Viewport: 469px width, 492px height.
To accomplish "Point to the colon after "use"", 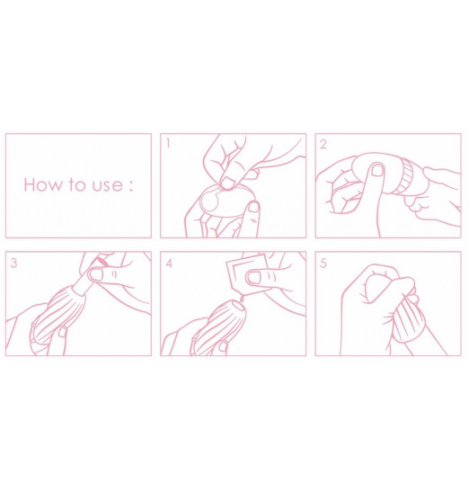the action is (x=131, y=186).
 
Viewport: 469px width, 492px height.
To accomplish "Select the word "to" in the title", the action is (x=76, y=185).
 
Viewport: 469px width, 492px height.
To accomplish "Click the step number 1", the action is (x=168, y=144).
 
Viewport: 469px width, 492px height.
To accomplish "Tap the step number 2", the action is (x=323, y=144).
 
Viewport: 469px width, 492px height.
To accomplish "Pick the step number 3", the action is (x=13, y=263).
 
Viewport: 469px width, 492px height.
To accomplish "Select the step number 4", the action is (x=169, y=264).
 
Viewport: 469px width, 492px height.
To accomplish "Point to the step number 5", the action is (x=323, y=263).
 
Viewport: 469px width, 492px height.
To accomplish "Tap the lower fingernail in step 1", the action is (x=254, y=207).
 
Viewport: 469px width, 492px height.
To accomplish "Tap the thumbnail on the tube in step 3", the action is (x=95, y=274).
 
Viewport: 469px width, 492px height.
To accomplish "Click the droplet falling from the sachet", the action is (x=242, y=299).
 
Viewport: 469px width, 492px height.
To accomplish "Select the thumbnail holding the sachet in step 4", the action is (x=254, y=277).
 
